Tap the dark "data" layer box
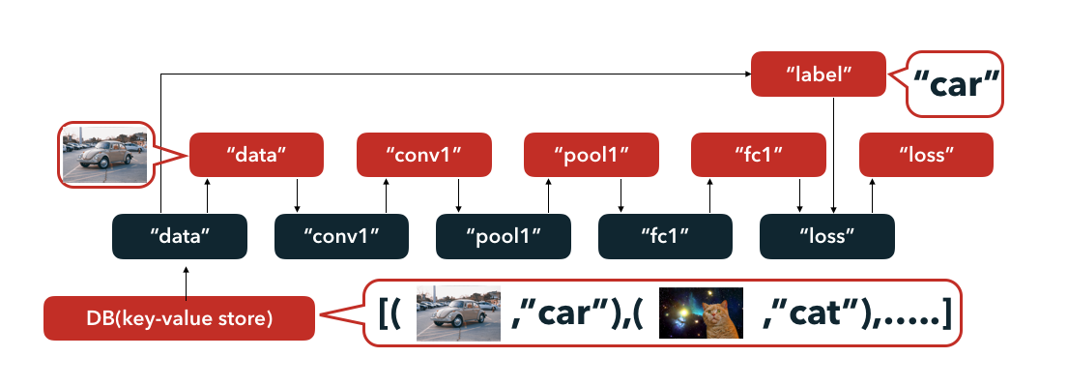click(181, 236)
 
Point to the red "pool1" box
click(591, 155)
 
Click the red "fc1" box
click(759, 155)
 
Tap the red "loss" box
click(926, 155)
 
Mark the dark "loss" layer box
click(827, 236)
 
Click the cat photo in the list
click(701, 313)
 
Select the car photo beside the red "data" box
click(103, 154)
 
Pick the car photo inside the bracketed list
click(458, 313)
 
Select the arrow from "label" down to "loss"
click(834, 155)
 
